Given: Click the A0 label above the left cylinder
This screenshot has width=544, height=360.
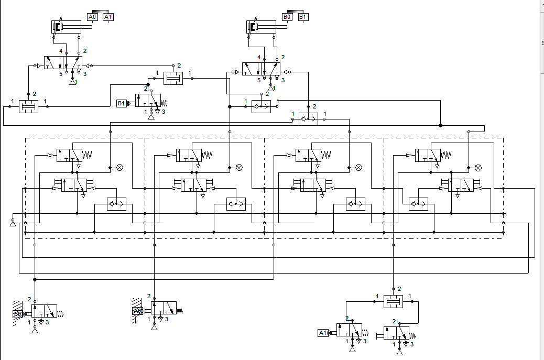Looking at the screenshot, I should pos(93,17).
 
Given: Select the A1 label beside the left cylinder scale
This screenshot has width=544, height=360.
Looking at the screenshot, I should pos(108,17).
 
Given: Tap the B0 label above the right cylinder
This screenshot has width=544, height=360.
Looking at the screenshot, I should pos(287,17).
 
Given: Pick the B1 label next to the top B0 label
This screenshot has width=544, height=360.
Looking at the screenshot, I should pos(303,17).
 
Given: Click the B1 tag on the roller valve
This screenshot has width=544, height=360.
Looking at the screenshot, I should pos(121,103).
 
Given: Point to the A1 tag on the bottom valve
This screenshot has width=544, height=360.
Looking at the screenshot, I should pos(323,333).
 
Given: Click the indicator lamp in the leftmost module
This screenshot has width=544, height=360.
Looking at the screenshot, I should pos(119,168).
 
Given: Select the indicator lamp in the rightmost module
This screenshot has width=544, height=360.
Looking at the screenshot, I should pos(478,168).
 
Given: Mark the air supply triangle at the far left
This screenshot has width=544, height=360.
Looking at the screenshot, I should pos(12,223).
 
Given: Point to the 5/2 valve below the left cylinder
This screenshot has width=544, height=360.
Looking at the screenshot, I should pos(63,63).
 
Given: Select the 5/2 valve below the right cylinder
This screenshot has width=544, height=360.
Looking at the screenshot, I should pos(260,69).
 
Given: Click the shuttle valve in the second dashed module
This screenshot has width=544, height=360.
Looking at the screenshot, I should pos(235,204).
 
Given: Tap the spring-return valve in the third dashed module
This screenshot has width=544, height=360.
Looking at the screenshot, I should pos(308,155).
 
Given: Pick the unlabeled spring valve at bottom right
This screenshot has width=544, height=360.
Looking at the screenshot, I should pos(397,333).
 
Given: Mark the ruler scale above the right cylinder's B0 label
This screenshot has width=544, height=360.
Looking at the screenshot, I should pos(295,10).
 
